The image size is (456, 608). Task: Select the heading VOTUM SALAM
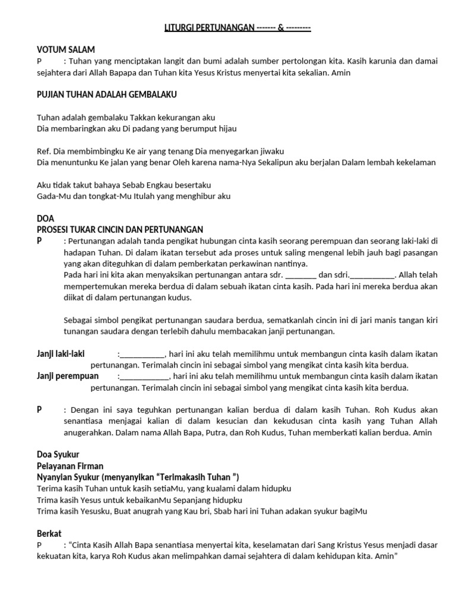click(66, 50)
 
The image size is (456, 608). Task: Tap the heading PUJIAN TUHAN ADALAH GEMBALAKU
click(106, 94)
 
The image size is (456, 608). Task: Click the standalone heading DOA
click(45, 218)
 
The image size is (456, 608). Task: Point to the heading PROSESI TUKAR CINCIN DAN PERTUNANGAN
click(120, 229)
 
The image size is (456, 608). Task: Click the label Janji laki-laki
click(61, 354)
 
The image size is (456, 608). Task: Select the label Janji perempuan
click(68, 376)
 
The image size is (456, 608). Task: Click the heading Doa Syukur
click(58, 454)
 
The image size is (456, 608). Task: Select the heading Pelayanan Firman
click(69, 465)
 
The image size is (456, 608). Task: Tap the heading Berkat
click(49, 533)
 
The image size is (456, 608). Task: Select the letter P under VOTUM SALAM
click(39, 61)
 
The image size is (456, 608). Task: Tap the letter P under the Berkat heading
click(39, 544)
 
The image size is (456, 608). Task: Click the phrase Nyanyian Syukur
click(67, 477)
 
